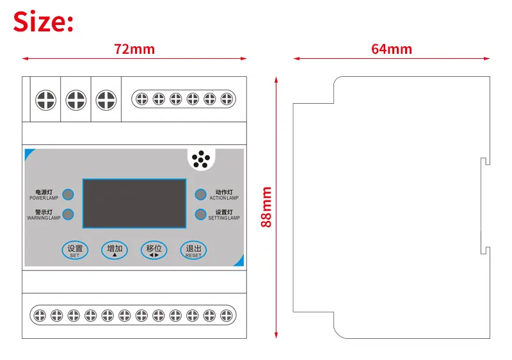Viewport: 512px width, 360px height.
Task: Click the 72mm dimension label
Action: [134, 49]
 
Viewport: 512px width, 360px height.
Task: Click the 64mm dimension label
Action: [391, 49]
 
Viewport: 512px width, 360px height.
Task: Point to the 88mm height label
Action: [266, 207]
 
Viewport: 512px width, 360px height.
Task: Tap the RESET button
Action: [193, 250]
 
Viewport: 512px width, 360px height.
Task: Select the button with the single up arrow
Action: [115, 250]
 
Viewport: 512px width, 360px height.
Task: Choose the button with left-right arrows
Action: [154, 250]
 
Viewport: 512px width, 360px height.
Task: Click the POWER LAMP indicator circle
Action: [68, 195]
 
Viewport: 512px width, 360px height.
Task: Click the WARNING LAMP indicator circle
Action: [68, 215]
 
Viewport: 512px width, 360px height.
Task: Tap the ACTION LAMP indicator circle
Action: [201, 195]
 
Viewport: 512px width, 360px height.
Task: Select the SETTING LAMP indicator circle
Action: [201, 215]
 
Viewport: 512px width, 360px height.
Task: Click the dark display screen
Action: [134, 204]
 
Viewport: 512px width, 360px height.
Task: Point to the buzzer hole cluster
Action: [202, 160]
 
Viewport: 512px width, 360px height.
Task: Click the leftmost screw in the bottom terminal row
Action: [40, 315]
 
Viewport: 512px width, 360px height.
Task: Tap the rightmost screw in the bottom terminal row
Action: [226, 315]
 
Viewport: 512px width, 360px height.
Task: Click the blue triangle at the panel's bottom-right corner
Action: [239, 260]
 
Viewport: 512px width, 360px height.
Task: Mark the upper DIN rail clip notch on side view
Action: [486, 161]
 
